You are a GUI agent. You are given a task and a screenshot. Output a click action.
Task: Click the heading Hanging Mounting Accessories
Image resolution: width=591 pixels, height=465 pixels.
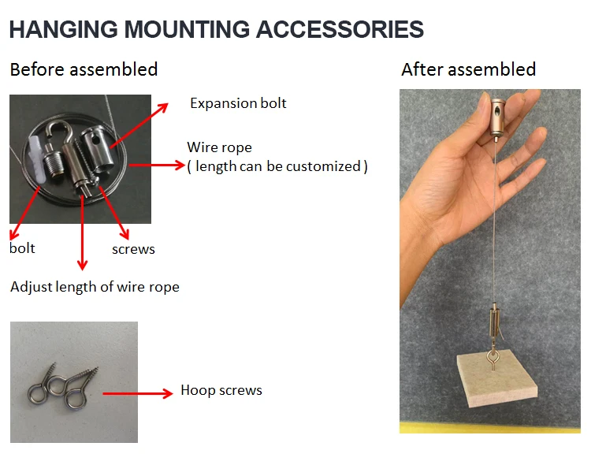[x=216, y=30]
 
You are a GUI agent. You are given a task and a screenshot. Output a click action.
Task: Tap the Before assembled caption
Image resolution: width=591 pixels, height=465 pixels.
[x=84, y=69]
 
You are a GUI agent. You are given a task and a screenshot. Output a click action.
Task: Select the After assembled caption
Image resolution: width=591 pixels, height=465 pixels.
[x=468, y=69]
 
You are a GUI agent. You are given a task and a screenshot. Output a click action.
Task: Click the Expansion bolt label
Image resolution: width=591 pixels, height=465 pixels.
[x=238, y=103]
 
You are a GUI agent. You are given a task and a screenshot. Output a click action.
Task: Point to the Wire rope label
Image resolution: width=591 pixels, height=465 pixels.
[x=219, y=147]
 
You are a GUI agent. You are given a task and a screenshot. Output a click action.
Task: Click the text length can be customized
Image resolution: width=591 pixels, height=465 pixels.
[x=277, y=166]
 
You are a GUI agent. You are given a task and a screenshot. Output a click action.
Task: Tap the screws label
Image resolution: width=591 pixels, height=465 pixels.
[x=133, y=249]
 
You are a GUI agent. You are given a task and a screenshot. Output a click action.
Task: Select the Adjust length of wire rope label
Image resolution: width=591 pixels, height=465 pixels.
[x=95, y=287]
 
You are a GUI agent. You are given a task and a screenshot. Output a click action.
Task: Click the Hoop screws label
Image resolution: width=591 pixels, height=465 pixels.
[x=221, y=390]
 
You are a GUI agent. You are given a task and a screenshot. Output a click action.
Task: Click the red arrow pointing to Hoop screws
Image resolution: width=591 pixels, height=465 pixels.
[x=138, y=392]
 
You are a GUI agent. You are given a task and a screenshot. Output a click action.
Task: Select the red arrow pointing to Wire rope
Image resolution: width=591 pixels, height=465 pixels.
[x=155, y=166]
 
